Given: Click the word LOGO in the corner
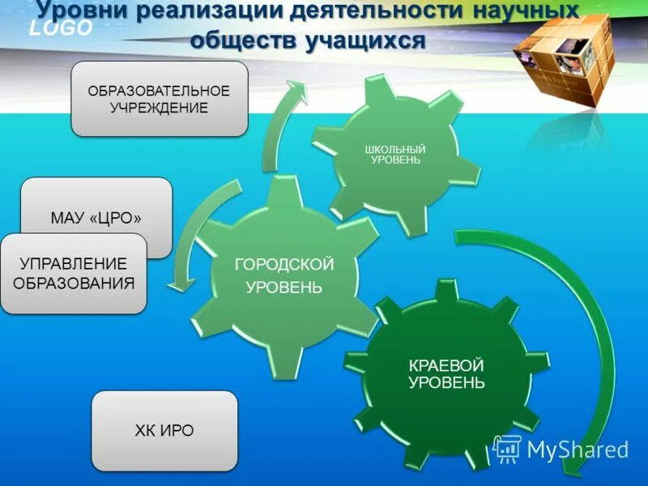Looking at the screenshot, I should pos(62,29).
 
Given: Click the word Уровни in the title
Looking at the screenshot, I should pos(87,11).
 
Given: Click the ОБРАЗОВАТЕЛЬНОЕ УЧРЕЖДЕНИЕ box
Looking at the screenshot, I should pos(159,99).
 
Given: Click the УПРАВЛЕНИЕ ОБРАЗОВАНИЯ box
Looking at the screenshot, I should pos(74,274).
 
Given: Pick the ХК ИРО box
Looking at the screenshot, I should pos(164,431).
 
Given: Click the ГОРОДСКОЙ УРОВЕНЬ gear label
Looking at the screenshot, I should pos(284,276).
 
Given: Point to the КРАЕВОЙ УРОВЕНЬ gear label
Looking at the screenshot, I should pos(446,373).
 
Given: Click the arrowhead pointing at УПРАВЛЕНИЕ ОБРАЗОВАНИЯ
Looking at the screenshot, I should pos(180,283).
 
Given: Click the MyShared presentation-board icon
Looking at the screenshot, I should pos(507,448).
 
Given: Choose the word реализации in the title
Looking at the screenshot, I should pos(213,11).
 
